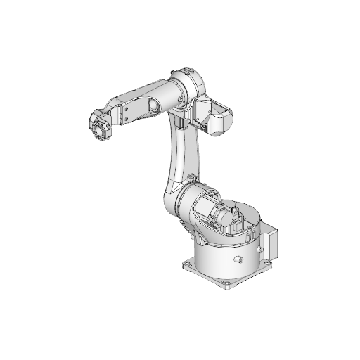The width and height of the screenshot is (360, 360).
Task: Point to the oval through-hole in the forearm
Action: pos(151,107)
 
